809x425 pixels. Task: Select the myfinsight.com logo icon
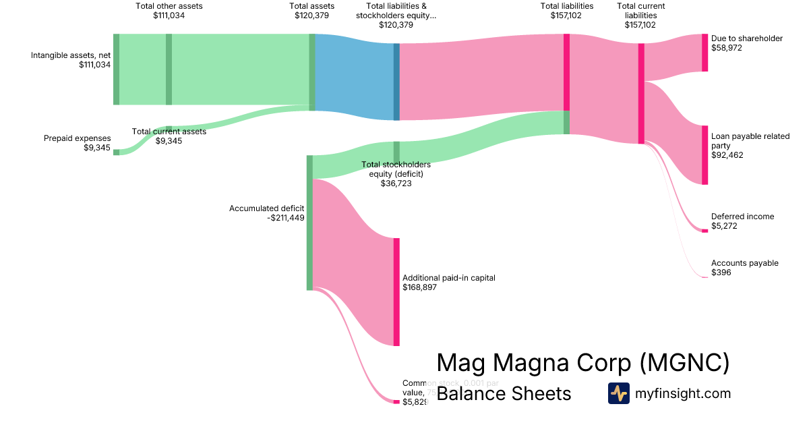[618, 393]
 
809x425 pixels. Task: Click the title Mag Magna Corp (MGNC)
[582, 362]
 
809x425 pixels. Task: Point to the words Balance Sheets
[504, 393]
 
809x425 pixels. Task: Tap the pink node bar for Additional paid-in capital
[396, 291]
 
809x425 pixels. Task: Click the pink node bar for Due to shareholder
[705, 53]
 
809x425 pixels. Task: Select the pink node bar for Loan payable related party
[705, 154]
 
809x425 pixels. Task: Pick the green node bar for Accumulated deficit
[310, 223]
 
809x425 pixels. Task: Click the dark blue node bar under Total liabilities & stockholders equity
[396, 82]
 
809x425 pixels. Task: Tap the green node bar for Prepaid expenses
[116, 152]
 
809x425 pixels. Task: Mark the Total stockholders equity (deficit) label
[396, 173]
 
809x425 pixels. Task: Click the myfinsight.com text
[682, 393]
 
